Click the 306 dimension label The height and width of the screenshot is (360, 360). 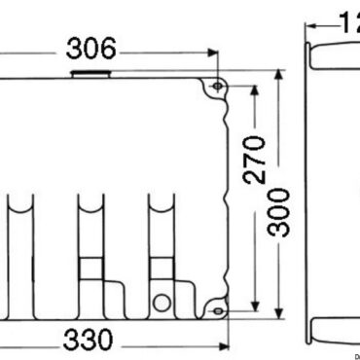click(x=92, y=49)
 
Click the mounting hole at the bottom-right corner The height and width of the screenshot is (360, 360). click(x=218, y=311)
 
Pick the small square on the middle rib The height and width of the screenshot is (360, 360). click(x=90, y=268)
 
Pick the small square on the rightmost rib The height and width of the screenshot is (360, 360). click(x=160, y=268)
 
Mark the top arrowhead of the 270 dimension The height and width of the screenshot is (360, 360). click(x=254, y=90)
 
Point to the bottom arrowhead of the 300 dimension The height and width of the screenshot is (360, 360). click(x=282, y=319)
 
